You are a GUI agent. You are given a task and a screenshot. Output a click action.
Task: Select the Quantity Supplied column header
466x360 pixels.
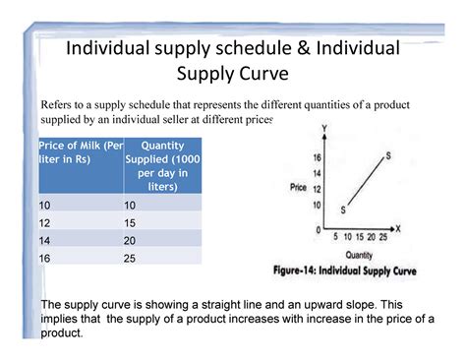click(162, 164)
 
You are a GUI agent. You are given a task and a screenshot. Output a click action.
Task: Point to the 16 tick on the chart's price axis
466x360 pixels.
click(316, 157)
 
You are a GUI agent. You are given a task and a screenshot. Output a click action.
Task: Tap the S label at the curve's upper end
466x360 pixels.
click(388, 154)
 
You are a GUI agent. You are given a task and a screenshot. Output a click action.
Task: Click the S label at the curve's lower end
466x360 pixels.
click(343, 210)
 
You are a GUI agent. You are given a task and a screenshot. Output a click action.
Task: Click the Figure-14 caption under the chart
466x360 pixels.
click(357, 270)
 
